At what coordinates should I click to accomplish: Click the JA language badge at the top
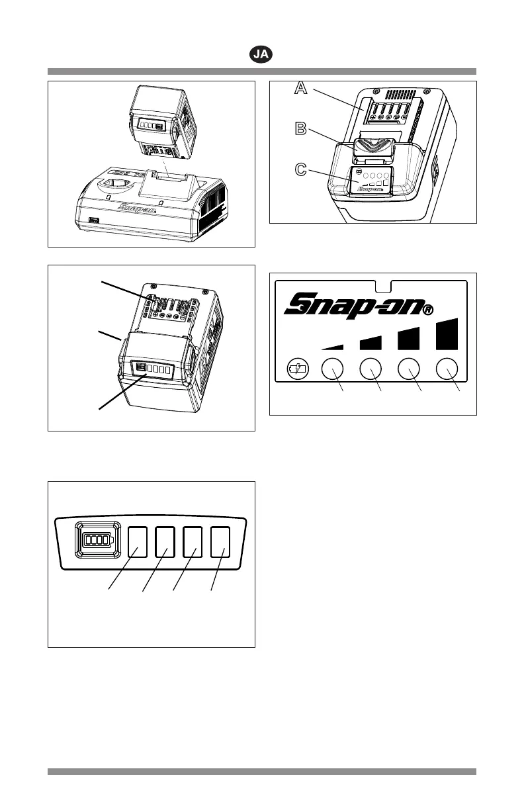[262, 54]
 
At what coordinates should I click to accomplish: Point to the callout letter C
[301, 170]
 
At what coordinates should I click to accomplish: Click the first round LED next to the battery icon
[332, 369]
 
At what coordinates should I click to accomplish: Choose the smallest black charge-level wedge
[333, 345]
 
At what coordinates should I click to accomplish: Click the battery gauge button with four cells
[97, 541]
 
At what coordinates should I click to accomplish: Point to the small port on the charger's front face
[93, 220]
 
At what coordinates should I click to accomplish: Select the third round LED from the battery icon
[409, 369]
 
